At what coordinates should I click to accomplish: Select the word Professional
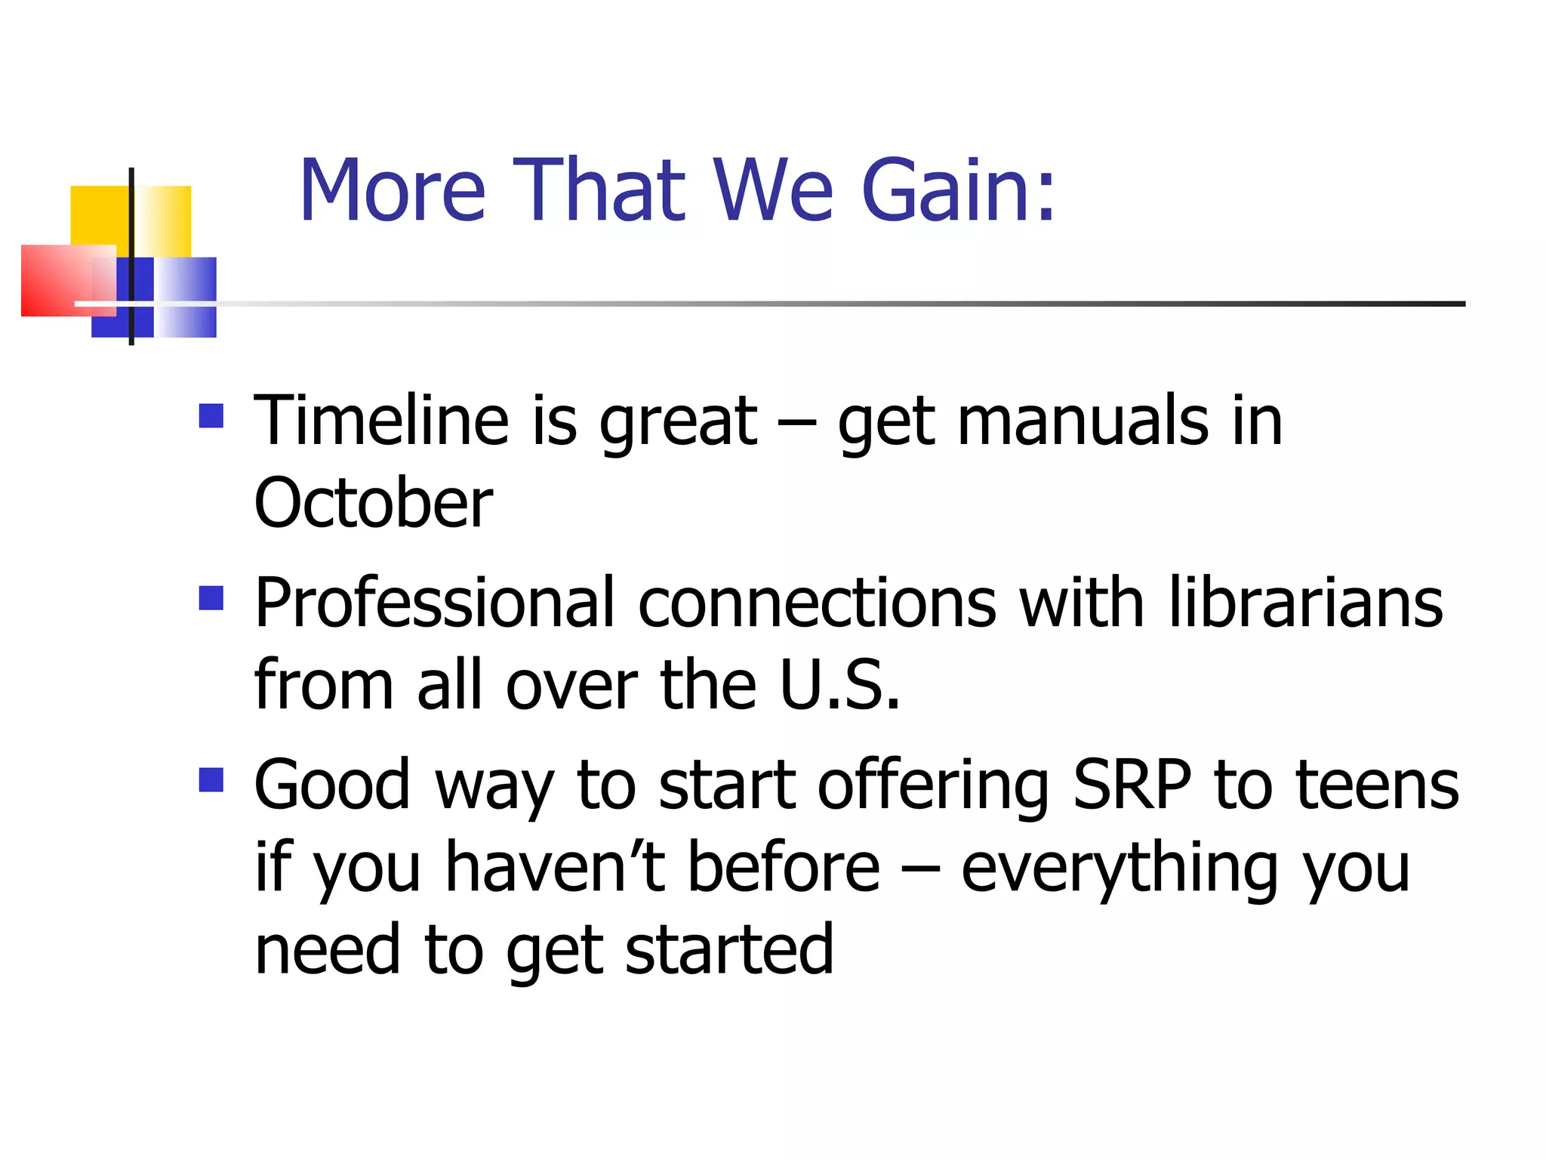coord(435,604)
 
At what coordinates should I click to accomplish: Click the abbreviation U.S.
coord(839,685)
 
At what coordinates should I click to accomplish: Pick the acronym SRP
coord(1132,785)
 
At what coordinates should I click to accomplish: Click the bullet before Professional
coord(211,598)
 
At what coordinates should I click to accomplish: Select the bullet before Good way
coord(211,780)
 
